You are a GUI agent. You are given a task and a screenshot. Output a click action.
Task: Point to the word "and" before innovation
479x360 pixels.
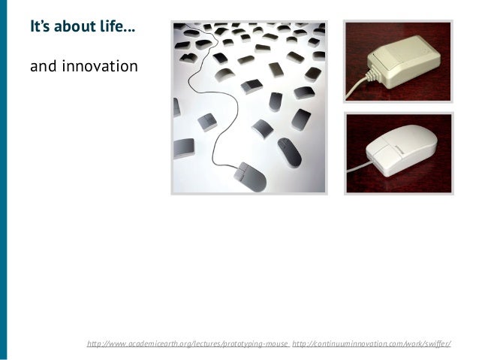pos(42,67)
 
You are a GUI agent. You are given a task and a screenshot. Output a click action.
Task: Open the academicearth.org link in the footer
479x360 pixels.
pos(188,343)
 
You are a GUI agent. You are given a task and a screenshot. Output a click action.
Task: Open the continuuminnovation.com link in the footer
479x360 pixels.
pos(371,343)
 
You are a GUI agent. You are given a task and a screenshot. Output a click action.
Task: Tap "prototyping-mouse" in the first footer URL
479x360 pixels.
pos(252,343)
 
